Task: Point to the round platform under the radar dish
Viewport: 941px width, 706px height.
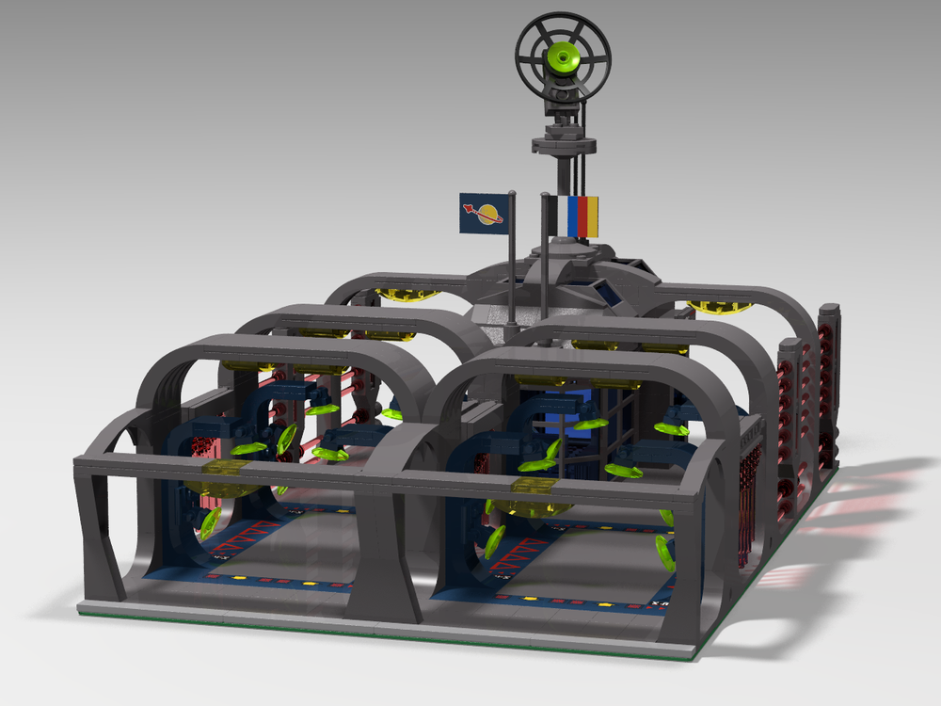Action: click(x=563, y=144)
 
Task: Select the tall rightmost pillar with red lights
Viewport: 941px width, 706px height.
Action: click(x=828, y=386)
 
